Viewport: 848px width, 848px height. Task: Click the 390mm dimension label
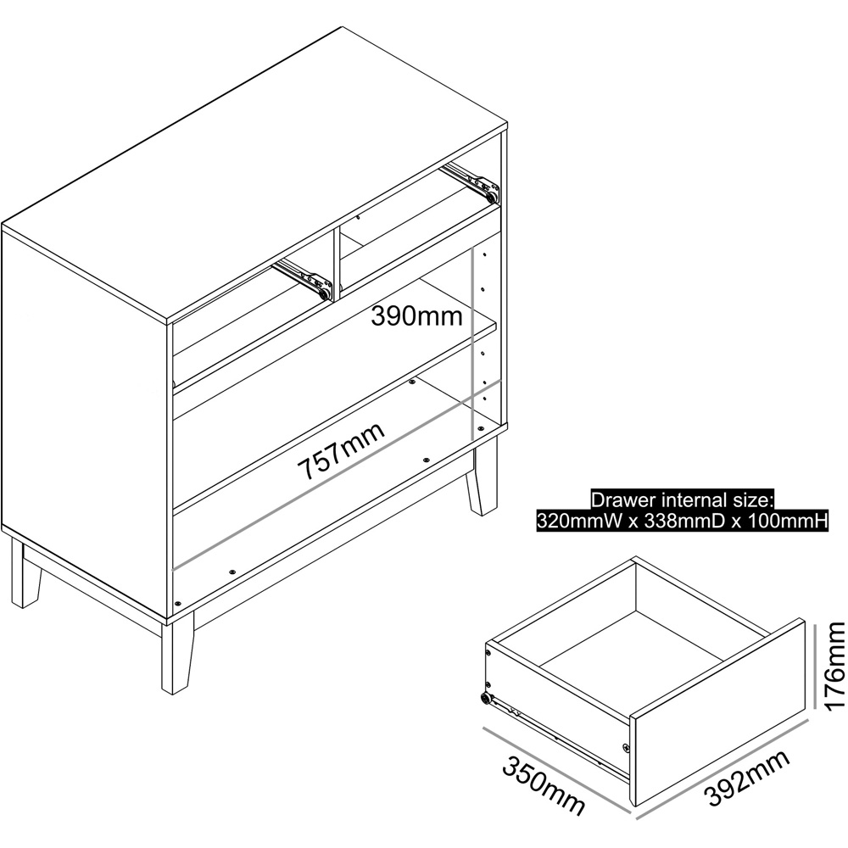(416, 316)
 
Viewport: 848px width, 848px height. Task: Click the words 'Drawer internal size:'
(683, 499)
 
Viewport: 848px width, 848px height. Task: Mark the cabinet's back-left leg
(25, 572)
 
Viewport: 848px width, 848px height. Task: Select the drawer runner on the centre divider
(303, 277)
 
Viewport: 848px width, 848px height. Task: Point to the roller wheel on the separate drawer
(485, 700)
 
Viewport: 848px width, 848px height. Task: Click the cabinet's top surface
(254, 172)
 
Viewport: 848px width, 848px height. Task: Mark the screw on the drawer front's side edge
(627, 748)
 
